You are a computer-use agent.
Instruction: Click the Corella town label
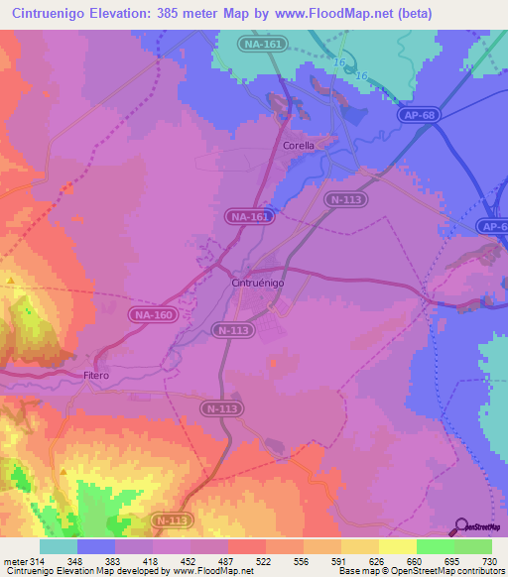pos(299,145)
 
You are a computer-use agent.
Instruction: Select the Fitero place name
pos(96,376)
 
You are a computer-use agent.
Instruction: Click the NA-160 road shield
pos(152,314)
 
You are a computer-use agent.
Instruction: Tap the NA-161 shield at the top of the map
pos(262,45)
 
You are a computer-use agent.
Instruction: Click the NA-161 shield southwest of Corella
pos(248,215)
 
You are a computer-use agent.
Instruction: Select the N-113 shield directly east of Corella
pos(346,199)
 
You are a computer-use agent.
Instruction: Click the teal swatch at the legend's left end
pos(58,546)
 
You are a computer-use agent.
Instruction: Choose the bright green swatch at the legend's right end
pos(473,546)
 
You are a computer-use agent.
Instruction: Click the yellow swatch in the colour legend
pos(397,546)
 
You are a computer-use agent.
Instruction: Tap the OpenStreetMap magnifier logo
pos(459,525)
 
